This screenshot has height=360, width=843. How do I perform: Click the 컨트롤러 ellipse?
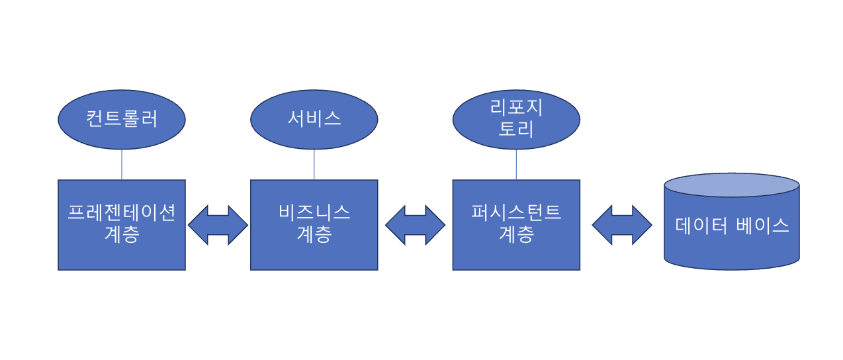point(122,119)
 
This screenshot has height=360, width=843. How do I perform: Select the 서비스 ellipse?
point(314,119)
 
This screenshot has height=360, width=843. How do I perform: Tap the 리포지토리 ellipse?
point(516,119)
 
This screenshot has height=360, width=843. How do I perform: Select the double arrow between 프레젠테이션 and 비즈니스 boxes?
point(218,225)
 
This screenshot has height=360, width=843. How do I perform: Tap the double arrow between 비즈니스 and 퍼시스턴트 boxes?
point(415,225)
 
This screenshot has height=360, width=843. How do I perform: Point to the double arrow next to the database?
point(622,225)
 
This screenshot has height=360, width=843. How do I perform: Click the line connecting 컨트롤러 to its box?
point(122,164)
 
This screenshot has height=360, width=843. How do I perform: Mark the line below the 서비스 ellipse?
point(314,164)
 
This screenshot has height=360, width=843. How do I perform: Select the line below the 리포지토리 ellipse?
point(516,164)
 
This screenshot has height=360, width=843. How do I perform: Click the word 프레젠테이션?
point(122,213)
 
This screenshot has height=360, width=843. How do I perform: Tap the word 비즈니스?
point(314,213)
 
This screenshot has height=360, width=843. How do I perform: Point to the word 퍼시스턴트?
point(516,213)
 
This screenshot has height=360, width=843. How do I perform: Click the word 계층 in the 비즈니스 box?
point(314,234)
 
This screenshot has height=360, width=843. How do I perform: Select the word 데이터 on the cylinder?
point(701,225)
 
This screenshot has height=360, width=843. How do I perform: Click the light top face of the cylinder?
point(732,185)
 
